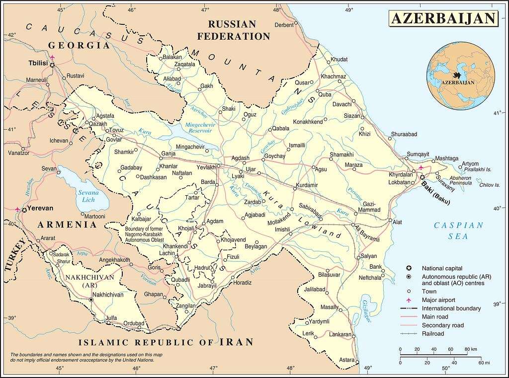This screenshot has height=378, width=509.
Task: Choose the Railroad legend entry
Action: (432, 334)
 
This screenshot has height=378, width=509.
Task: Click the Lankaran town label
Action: (340, 335)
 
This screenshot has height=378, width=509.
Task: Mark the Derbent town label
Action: (284, 25)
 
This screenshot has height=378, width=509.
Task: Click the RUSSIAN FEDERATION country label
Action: (233, 30)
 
